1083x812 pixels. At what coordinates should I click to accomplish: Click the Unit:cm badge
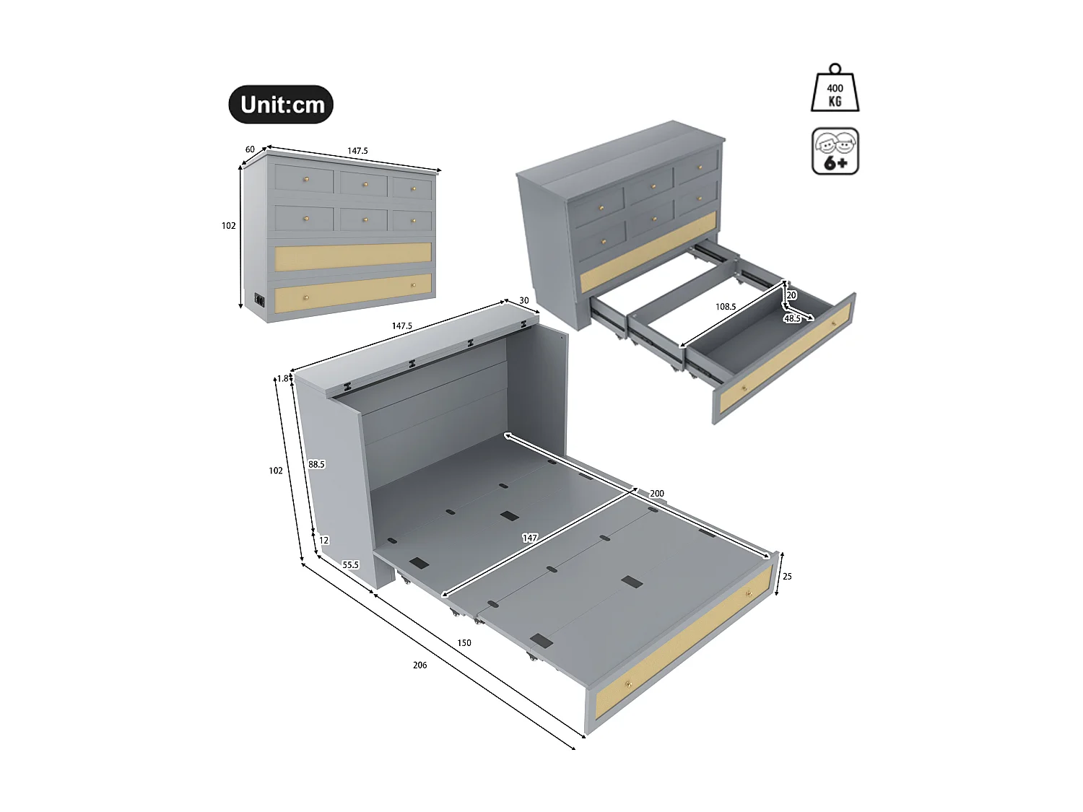pyautogui.click(x=281, y=105)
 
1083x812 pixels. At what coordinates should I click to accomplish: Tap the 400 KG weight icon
pyautogui.click(x=835, y=90)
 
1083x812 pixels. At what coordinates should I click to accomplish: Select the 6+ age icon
pyautogui.click(x=835, y=152)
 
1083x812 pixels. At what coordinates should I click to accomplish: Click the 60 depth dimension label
pyautogui.click(x=250, y=149)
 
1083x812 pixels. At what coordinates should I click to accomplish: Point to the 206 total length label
pyautogui.click(x=419, y=665)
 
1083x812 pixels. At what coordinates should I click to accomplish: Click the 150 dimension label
pyautogui.click(x=464, y=642)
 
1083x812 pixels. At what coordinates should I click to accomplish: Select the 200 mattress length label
pyautogui.click(x=656, y=494)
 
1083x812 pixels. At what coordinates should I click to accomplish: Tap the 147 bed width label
pyautogui.click(x=529, y=538)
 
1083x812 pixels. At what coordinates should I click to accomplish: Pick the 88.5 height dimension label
pyautogui.click(x=316, y=464)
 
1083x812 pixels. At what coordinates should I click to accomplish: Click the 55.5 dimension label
pyautogui.click(x=350, y=564)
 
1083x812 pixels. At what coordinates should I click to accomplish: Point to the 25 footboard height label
pyautogui.click(x=787, y=576)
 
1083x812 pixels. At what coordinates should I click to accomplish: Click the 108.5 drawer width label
pyautogui.click(x=726, y=307)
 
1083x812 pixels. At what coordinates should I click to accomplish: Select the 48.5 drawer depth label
pyautogui.click(x=792, y=318)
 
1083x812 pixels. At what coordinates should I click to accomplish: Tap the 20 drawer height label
pyautogui.click(x=791, y=295)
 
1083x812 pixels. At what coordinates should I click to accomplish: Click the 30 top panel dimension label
pyautogui.click(x=523, y=300)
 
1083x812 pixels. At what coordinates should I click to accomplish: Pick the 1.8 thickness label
pyautogui.click(x=282, y=378)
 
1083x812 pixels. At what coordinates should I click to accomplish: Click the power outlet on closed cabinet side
pyautogui.click(x=258, y=300)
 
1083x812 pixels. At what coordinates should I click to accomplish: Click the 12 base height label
pyautogui.click(x=323, y=540)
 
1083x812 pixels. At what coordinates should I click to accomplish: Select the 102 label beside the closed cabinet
pyautogui.click(x=228, y=225)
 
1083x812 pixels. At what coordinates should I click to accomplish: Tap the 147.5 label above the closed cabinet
pyautogui.click(x=357, y=151)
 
